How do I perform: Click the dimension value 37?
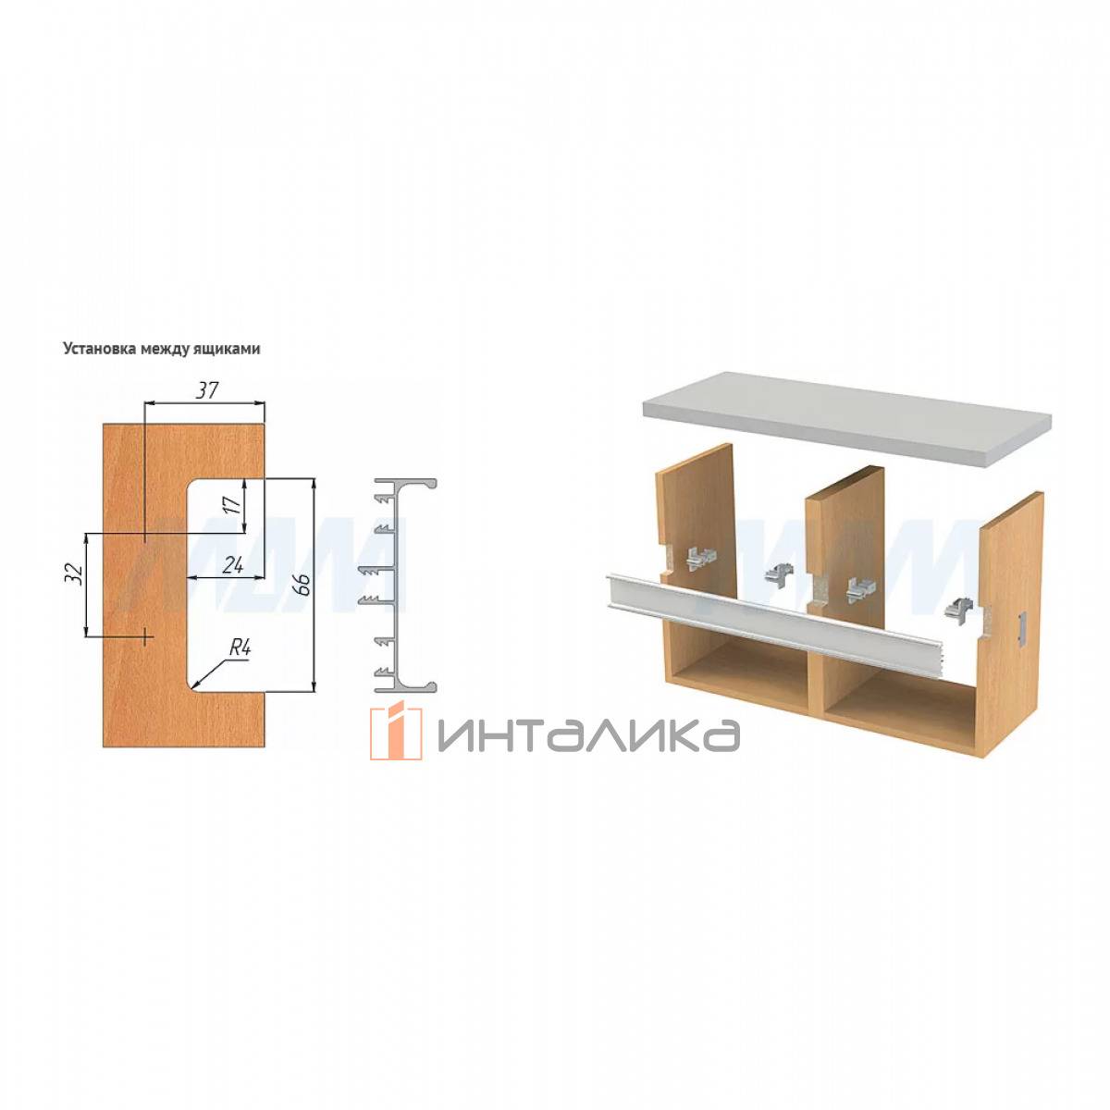click(207, 390)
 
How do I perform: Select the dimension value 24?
click(232, 566)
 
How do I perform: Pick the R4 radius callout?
click(240, 648)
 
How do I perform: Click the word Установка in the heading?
click(100, 349)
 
